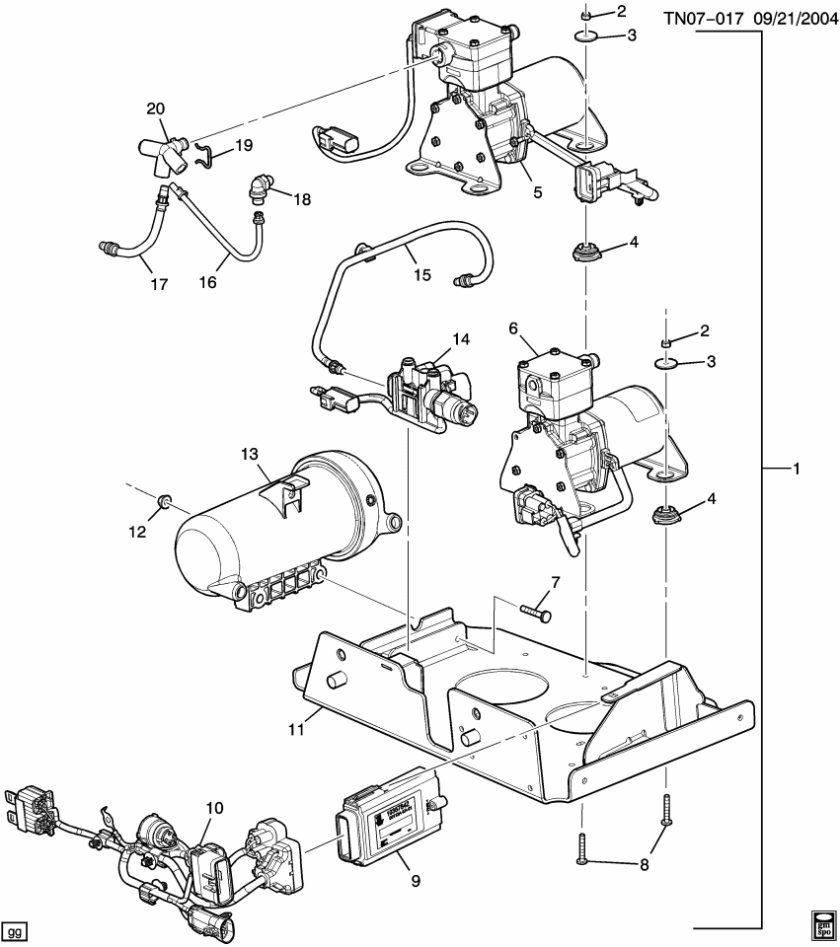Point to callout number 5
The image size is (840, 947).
(538, 192)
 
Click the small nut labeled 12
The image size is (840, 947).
(165, 507)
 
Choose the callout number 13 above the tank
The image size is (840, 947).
(249, 454)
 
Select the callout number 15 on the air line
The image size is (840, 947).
(421, 275)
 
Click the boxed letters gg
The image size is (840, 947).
(14, 930)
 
